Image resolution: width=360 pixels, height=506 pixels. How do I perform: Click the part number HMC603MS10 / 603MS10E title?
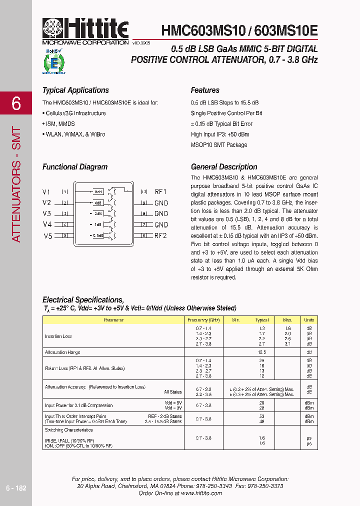[x=239, y=30]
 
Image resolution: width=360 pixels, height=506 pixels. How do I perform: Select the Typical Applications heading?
[x=75, y=90]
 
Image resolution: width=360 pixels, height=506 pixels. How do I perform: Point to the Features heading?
[x=205, y=90]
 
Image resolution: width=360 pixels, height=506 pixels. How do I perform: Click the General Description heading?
[x=224, y=167]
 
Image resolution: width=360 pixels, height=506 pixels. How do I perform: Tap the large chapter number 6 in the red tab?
[x=16, y=103]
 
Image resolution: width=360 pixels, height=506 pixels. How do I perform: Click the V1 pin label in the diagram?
[x=46, y=192]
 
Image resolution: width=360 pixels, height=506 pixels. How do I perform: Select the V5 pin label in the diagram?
[x=47, y=236]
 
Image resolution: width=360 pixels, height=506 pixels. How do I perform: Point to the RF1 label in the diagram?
[x=160, y=191]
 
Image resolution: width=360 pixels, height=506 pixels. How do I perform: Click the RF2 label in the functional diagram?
[x=160, y=235]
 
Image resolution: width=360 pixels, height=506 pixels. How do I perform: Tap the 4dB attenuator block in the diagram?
[x=98, y=203]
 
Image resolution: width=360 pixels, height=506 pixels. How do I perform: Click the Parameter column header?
[x=113, y=319]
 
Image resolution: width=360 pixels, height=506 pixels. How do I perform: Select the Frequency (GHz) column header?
[x=203, y=319]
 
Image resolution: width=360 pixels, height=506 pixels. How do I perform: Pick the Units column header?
[x=309, y=319]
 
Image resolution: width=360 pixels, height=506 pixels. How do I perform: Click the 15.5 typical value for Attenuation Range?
[x=262, y=352]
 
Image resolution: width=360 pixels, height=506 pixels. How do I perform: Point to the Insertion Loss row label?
[x=58, y=336]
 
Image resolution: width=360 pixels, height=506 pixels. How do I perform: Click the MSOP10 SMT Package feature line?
[x=218, y=145]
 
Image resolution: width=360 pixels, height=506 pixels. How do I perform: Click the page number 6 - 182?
[x=16, y=488]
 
